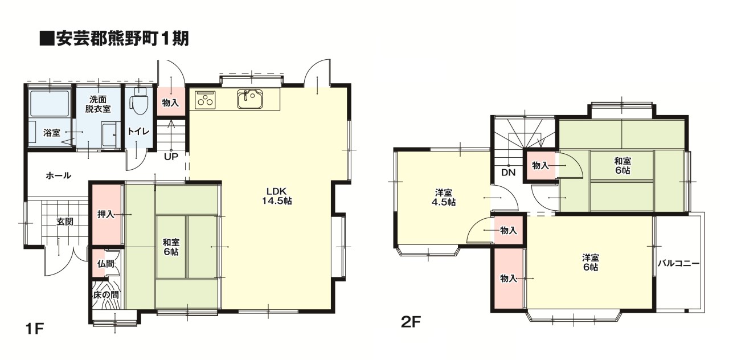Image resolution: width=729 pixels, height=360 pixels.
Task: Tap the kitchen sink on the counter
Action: coord(251,99)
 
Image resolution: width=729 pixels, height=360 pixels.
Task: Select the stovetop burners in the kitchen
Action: coord(206,100)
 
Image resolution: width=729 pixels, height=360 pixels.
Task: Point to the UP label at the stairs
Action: coord(171,157)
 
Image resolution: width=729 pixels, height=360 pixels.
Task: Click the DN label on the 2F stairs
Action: coord(509,173)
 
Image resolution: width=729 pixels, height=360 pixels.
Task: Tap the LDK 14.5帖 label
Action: coord(277,196)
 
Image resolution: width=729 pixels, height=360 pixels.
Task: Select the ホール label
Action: coord(58,176)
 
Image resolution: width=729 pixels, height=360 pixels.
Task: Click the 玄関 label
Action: coord(65,222)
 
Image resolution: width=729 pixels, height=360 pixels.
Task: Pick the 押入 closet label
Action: coord(106,215)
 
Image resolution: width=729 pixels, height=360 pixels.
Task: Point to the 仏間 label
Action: coord(105,264)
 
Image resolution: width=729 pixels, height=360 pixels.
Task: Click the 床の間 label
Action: coord(106,295)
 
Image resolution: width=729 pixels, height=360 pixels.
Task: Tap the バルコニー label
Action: coord(678,263)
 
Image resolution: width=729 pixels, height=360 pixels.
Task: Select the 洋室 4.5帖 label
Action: coord(444,197)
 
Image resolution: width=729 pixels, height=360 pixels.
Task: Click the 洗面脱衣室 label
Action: coord(98,104)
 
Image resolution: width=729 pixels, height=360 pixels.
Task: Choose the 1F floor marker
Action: coord(34,329)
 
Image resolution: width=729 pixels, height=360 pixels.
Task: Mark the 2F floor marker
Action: coord(411,322)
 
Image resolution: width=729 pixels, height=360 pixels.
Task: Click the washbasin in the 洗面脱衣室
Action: coord(109,136)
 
